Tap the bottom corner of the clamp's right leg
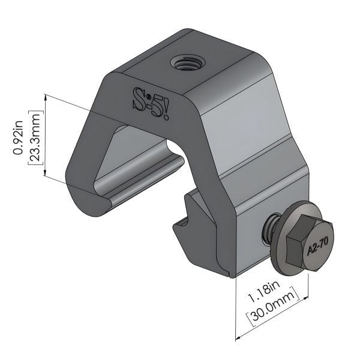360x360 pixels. [x=230, y=276]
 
